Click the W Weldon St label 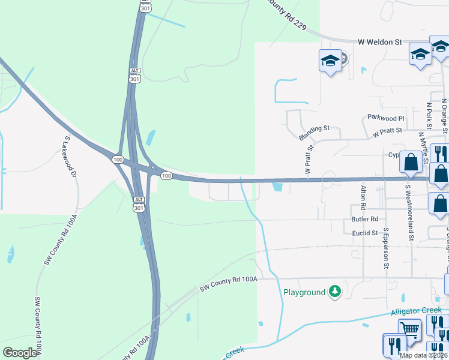pos(379,43)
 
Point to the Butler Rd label pos(365,220)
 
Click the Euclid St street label pos(365,233)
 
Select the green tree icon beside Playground pos(335,292)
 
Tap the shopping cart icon pos(409,328)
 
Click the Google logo pos(20,352)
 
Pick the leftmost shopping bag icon pos(412,162)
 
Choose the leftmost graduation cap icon pos(330,60)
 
